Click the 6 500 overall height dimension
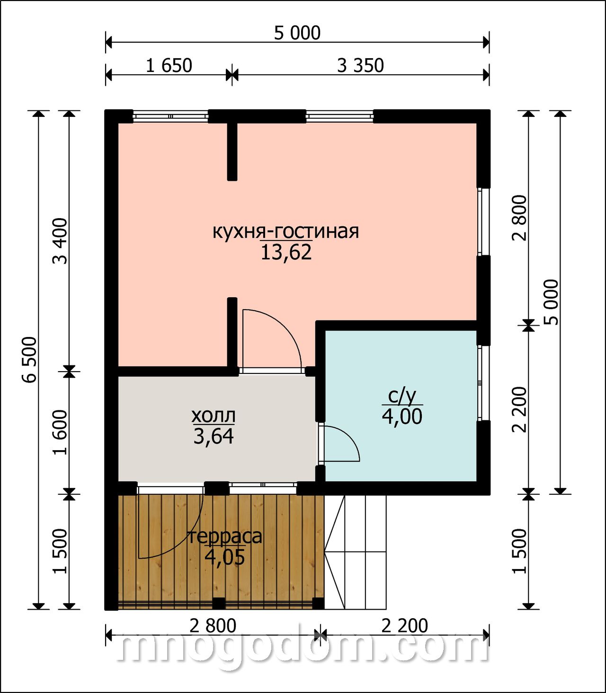(31, 360)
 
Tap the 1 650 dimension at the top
(169, 66)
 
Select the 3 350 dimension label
(360, 66)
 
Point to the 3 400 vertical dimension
(61, 241)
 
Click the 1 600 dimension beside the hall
(61, 433)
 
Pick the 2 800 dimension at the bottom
(213, 626)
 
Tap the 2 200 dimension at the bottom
(404, 626)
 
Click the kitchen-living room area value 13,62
(286, 252)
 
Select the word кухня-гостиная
(285, 231)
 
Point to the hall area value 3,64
(214, 436)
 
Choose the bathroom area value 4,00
(402, 417)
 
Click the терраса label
(224, 538)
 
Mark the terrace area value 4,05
(224, 558)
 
